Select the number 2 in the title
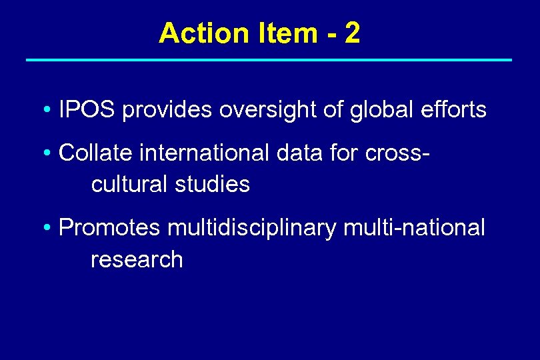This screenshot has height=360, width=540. [x=353, y=33]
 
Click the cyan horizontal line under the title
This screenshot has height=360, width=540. [x=269, y=60]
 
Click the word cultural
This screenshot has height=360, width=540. [x=129, y=183]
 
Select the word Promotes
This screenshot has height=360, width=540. [x=109, y=228]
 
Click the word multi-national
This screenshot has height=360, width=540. [x=414, y=228]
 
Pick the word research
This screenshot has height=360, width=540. [x=137, y=259]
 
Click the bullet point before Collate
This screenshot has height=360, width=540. [x=48, y=153]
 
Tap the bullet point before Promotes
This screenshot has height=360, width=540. [x=48, y=229]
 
